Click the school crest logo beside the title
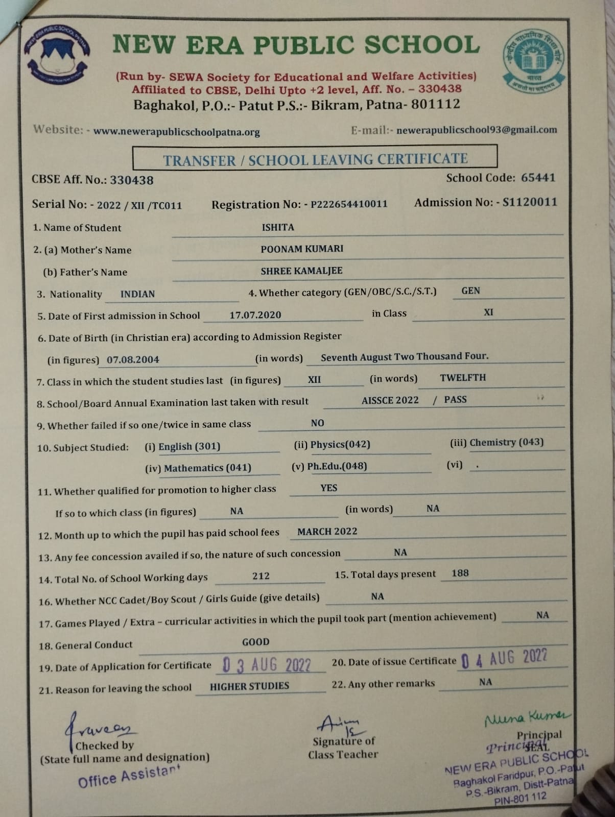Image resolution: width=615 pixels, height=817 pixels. [57, 55]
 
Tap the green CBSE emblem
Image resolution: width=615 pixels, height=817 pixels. [534, 60]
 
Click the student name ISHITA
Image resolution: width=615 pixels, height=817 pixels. [278, 227]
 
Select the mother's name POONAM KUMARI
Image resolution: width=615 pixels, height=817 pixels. [302, 249]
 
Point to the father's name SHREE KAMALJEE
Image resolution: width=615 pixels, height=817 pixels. [301, 271]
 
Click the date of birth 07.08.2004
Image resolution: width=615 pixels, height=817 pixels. [133, 359]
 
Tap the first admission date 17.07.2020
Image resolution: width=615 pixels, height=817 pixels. [255, 315]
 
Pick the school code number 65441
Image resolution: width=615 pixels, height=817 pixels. [538, 178]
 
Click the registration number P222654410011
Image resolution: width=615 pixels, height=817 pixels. [349, 204]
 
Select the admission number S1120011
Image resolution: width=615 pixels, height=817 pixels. [530, 202]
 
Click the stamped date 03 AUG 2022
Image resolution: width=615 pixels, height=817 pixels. [267, 665]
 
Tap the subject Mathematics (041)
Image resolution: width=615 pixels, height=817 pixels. [207, 468]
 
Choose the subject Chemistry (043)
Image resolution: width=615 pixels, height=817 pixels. [506, 442]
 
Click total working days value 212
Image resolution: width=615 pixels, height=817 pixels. [261, 576]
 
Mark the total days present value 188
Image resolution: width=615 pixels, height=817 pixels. [460, 573]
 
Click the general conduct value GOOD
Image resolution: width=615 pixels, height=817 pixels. [255, 642]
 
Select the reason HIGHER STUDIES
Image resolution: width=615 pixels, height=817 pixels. [249, 686]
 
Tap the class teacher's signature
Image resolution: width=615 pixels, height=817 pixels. [340, 725]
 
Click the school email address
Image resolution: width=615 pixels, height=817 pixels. [476, 130]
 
